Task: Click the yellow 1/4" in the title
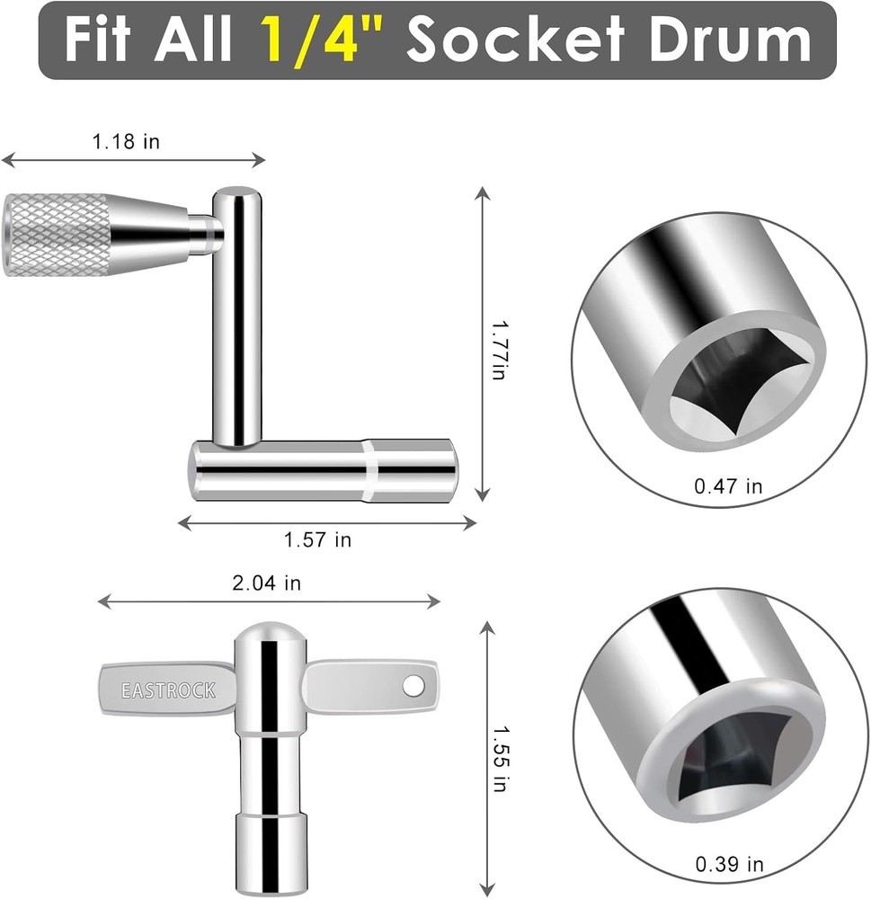pos(326,40)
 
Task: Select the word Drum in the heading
pos(729,40)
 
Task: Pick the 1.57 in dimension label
pos(317,540)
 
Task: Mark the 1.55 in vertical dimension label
pos(500,759)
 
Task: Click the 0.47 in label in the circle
pos(728,486)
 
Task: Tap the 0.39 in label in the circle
pos(729,865)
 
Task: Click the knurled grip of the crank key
pos(58,234)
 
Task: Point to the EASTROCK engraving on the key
pos(168,691)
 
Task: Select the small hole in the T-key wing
pos(413,686)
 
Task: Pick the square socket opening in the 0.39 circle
pos(737,775)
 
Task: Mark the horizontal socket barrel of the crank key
pos(324,470)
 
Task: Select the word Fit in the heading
pos(106,40)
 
